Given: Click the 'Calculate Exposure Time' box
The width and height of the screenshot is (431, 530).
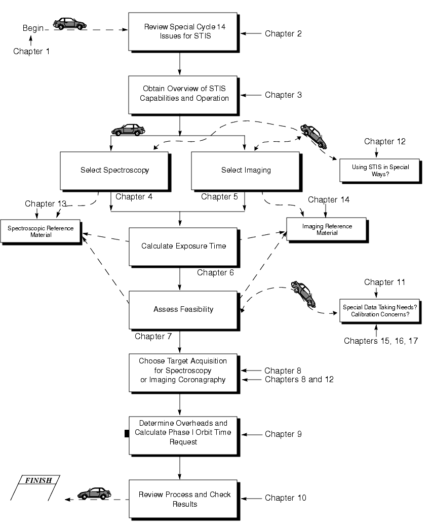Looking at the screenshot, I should (x=183, y=246).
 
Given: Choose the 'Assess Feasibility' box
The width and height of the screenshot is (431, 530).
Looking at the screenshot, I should (x=183, y=309).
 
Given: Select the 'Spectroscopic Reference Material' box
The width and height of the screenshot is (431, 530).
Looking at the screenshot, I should (x=41, y=231).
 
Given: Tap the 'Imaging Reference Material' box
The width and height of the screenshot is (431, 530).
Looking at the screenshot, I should (x=327, y=229).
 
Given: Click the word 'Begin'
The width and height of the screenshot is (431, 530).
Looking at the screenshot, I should (x=33, y=28).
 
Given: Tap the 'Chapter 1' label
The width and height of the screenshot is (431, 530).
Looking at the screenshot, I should (x=31, y=51).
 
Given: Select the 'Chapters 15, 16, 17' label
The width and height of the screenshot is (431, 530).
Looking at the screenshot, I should (x=380, y=341).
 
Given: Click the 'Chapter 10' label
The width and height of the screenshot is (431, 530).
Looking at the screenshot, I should (x=285, y=498).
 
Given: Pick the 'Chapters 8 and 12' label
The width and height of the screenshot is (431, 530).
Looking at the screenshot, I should (x=299, y=379).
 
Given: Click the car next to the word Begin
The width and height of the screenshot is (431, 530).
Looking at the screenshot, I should (x=70, y=24).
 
